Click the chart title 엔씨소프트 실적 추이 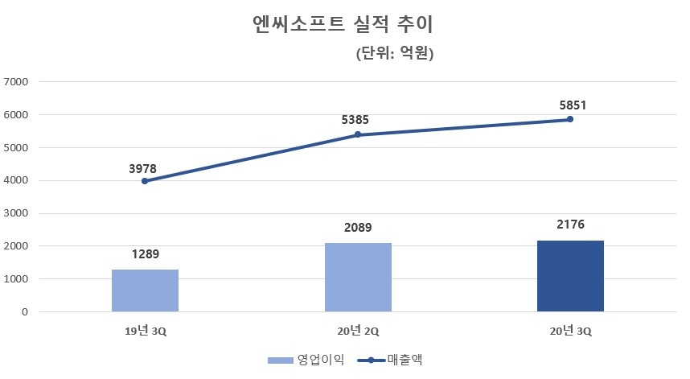tap(343, 24)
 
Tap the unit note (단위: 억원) tap(394, 55)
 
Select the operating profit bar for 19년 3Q tap(145, 290)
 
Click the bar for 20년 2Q tap(358, 277)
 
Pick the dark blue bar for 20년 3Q tap(570, 275)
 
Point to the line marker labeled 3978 tap(145, 181)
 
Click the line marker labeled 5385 tap(358, 134)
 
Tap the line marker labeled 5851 tap(570, 119)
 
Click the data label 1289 tap(145, 255)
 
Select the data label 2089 tap(358, 229)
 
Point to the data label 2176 tap(570, 225)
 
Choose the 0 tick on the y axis tap(24, 312)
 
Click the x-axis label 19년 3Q tap(145, 331)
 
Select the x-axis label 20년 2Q tap(358, 331)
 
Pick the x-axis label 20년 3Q tap(570, 331)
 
